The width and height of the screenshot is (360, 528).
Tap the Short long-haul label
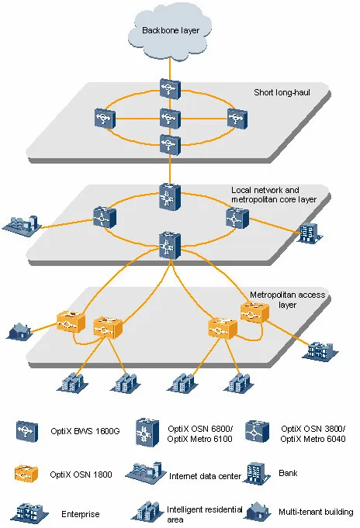coord(282,92)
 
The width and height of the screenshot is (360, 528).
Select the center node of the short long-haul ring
coord(170,118)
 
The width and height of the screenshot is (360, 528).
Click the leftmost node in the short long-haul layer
coord(105,119)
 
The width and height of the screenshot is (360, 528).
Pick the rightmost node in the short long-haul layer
coord(237,119)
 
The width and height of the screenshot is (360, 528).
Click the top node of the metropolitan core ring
coord(170,197)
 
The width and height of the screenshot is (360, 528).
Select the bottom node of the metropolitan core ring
coord(170,246)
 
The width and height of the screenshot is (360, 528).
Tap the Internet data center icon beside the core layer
coord(22,226)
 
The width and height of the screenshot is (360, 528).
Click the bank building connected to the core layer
coord(310,233)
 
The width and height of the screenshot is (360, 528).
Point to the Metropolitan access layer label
coord(288,300)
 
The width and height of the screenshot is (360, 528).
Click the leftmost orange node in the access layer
coord(71,322)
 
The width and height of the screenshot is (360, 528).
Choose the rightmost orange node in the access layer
coord(254,312)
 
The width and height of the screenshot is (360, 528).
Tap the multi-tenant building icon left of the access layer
coord(19,330)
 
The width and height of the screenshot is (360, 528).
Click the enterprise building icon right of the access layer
coord(320,351)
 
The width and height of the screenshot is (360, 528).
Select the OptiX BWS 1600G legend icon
coord(27,431)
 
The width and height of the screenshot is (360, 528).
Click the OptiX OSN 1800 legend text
coord(81,475)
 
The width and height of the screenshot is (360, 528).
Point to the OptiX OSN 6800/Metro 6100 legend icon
coord(147,433)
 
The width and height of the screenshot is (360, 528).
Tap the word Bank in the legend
coord(288,473)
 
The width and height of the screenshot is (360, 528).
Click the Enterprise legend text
coord(81,514)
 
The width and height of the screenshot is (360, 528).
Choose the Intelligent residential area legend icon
coord(148,512)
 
